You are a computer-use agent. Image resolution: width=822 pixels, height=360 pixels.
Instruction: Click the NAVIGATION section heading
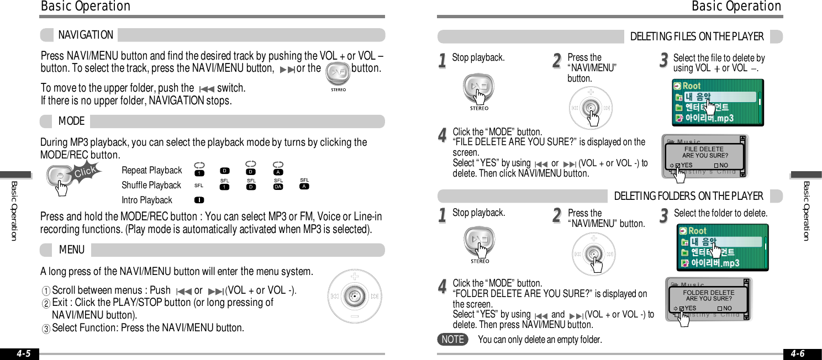[86, 35]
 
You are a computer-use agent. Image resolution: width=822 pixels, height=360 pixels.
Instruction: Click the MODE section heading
[71, 121]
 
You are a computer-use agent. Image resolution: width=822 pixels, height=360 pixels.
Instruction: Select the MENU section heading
[72, 250]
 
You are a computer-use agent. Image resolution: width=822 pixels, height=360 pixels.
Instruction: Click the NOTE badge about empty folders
[452, 340]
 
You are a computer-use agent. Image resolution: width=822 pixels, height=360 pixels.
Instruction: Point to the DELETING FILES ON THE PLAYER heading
[697, 37]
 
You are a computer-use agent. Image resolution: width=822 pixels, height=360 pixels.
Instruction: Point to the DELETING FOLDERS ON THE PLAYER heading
[688, 196]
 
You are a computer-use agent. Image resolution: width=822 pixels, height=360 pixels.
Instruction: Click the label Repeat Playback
[151, 171]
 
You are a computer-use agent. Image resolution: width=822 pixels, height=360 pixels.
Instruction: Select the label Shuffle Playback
[151, 186]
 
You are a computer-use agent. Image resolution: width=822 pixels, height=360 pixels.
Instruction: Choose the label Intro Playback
[147, 200]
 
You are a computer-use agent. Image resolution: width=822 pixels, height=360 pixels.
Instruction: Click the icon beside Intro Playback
[199, 200]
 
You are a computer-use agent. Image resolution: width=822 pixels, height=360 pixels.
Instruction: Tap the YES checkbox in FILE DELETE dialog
[678, 165]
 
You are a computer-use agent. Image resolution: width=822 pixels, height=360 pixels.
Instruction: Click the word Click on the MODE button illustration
[85, 173]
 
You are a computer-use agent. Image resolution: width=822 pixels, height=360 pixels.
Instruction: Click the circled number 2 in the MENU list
[46, 303]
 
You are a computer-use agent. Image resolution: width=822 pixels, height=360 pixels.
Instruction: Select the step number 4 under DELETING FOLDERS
[442, 286]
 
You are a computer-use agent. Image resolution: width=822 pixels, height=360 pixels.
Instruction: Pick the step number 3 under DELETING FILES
[664, 60]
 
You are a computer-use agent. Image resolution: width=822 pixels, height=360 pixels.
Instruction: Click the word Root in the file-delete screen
[692, 86]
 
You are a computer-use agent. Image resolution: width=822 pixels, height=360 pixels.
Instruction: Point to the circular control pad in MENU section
[354, 297]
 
